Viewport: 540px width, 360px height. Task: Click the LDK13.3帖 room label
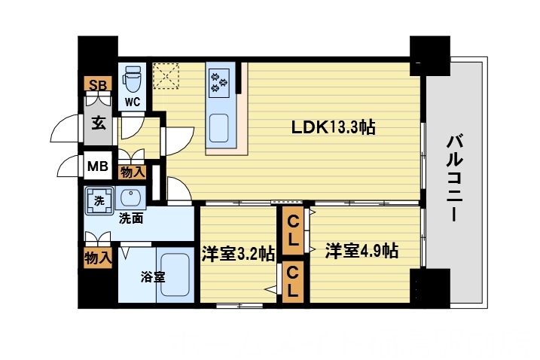coord(333,128)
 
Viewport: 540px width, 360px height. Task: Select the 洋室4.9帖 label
coord(362,252)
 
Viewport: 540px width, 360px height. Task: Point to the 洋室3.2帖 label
coord(236,254)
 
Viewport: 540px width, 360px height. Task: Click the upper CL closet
coord(293,232)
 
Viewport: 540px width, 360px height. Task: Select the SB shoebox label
coord(97,84)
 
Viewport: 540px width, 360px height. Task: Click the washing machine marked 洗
coord(99,200)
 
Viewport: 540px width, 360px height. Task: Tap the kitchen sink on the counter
coord(221,126)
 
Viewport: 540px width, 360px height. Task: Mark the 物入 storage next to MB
coord(133,172)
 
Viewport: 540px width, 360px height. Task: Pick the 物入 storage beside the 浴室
coord(98,257)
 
